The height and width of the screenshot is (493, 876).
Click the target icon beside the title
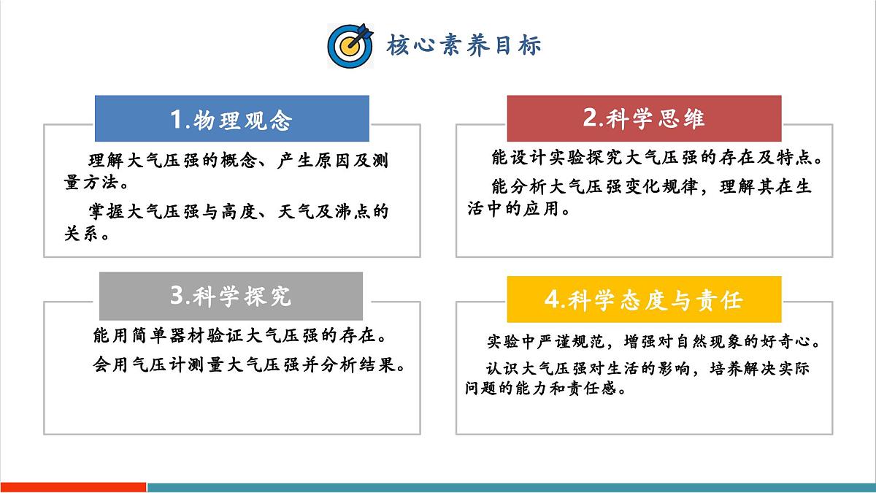(350, 45)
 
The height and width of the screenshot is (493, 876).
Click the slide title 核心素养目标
(464, 45)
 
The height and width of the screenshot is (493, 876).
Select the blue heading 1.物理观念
(231, 119)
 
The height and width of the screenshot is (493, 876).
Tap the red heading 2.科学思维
(644, 118)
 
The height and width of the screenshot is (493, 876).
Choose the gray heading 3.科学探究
(231, 295)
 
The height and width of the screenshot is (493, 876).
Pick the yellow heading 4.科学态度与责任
(644, 299)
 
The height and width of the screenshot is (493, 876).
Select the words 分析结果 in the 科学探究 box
(363, 364)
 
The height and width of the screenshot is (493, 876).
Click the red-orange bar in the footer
(73, 487)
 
